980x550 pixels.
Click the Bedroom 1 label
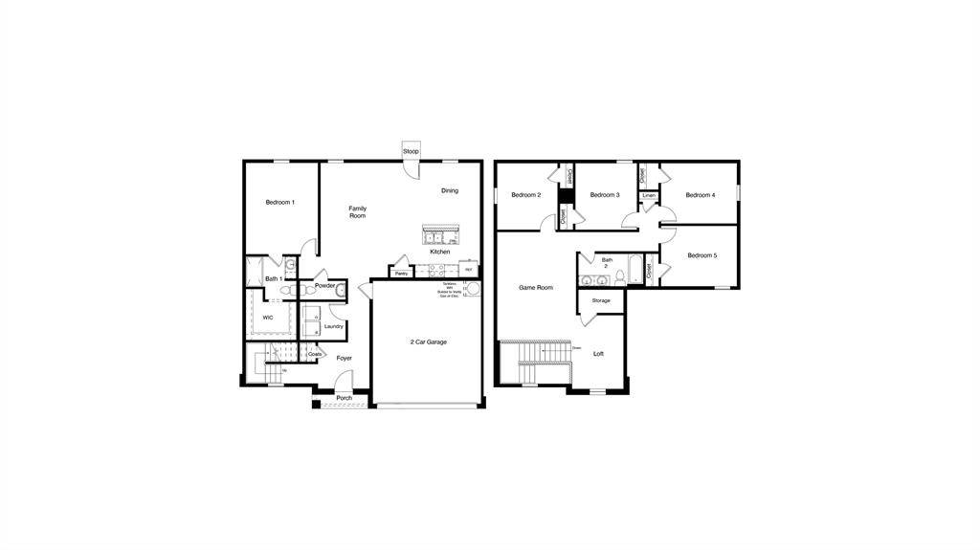point(279,202)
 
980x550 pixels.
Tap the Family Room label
point(357,212)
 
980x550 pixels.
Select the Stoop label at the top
point(411,151)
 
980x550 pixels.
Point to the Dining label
point(450,190)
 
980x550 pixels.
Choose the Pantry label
point(402,274)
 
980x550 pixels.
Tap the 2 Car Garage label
point(428,341)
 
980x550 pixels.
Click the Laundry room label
point(333,326)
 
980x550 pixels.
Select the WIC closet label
point(268,317)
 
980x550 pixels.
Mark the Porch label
point(344,398)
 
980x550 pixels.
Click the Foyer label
point(344,358)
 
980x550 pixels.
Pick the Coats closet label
point(315,354)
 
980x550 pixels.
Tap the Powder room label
point(324,285)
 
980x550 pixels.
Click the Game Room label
point(536,287)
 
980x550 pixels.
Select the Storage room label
point(600,300)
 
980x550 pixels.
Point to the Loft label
point(598,354)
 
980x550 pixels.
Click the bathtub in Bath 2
point(636,272)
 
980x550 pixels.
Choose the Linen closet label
point(649,195)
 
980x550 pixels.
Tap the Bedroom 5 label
point(702,255)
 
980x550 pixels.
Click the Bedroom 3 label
point(605,195)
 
